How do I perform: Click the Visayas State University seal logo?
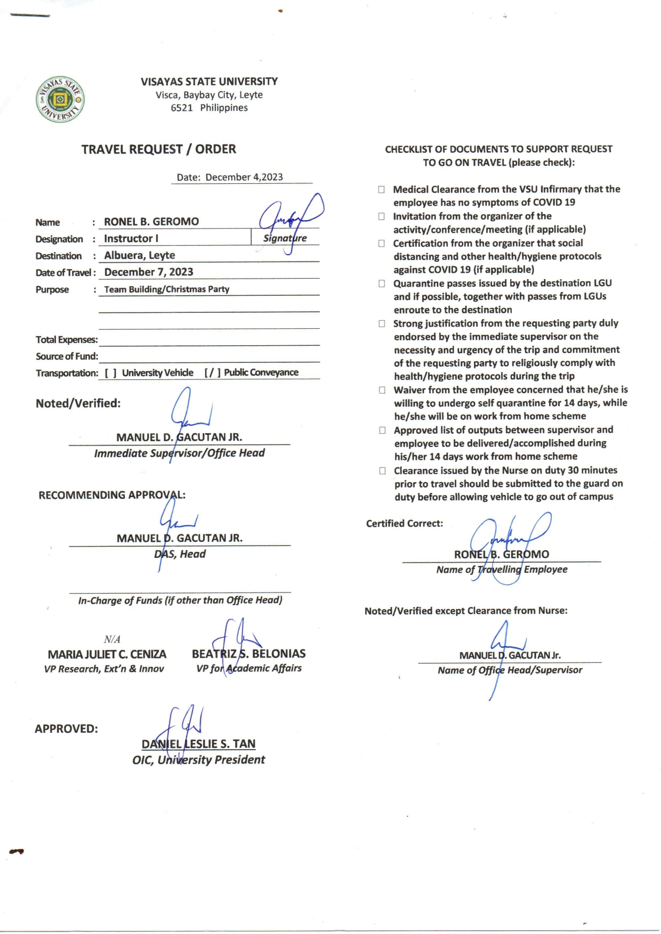point(60,99)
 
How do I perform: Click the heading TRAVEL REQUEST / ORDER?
point(158,149)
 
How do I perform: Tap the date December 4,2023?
point(244,177)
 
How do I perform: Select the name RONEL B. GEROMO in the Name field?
point(151,222)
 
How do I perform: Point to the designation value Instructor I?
point(131,239)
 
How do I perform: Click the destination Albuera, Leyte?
point(140,255)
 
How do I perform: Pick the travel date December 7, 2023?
point(149,272)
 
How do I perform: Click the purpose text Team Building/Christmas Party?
point(167,289)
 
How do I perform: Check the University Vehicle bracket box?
point(110,373)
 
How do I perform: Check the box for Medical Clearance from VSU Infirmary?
point(382,190)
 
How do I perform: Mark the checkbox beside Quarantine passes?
point(382,283)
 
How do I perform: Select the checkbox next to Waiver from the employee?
point(382,390)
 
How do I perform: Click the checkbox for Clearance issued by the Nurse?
point(382,470)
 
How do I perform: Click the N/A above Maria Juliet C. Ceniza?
point(112,639)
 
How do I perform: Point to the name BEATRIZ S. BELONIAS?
point(249,654)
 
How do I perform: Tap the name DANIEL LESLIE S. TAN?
point(198,744)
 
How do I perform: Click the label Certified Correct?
point(405,524)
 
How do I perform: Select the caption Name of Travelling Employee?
point(502,570)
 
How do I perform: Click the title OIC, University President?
point(198,760)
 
